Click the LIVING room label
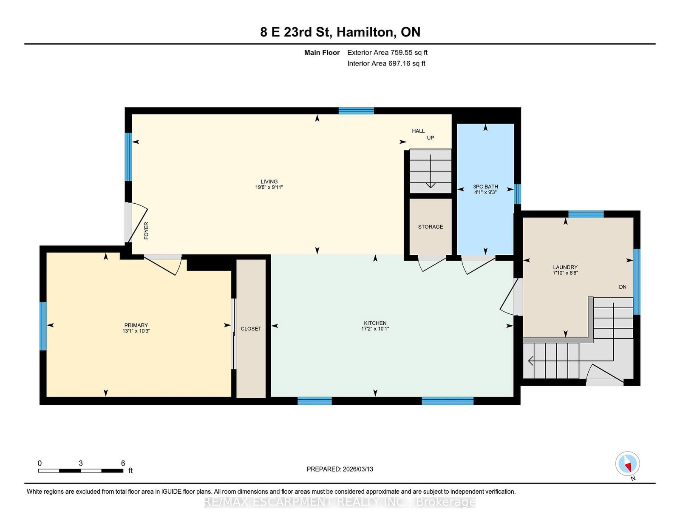[269, 182]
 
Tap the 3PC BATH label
[485, 187]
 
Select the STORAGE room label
[431, 227]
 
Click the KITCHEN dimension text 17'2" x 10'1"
[375, 329]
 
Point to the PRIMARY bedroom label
[136, 325]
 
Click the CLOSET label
[251, 329]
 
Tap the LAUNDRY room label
[565, 267]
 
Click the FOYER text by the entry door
[146, 231]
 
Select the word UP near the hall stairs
[431, 138]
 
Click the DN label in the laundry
[623, 287]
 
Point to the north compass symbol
[627, 464]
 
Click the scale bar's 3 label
[81, 463]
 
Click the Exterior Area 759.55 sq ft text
[387, 53]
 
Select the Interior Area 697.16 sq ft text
[386, 63]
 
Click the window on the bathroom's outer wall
[517, 194]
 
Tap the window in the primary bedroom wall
[43, 326]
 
